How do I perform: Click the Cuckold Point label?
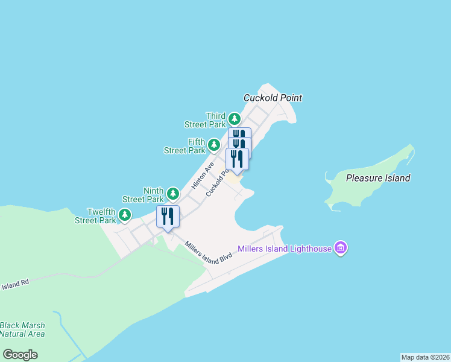[x=273, y=98]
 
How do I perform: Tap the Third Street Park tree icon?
[x=235, y=119]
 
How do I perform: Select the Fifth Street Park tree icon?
[x=213, y=145]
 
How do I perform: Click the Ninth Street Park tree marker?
[x=173, y=194]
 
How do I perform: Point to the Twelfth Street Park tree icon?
[x=125, y=215]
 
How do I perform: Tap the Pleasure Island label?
[x=378, y=178]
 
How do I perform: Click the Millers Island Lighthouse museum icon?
[x=341, y=248]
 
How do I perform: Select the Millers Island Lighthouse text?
[x=285, y=249]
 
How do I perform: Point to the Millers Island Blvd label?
[x=209, y=252]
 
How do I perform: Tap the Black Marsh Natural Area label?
[x=22, y=329]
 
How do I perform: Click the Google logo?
[x=20, y=355]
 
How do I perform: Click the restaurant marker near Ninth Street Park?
[x=168, y=217]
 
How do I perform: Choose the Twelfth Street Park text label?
[x=95, y=216]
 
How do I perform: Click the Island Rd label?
[x=14, y=284]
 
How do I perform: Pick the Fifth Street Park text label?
[x=184, y=146]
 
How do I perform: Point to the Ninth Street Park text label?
[x=143, y=194]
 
